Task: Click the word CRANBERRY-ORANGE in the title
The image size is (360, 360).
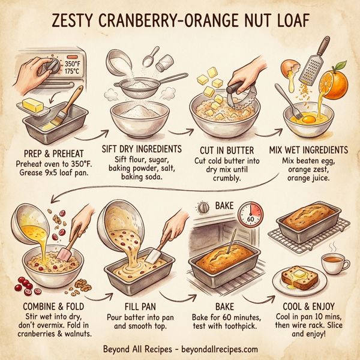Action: pyautogui.click(x=175, y=23)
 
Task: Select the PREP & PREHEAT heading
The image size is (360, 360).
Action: pyautogui.click(x=53, y=152)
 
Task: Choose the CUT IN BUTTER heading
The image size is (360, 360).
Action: pyautogui.click(x=225, y=148)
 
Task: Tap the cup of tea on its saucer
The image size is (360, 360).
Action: pyautogui.click(x=333, y=262)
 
